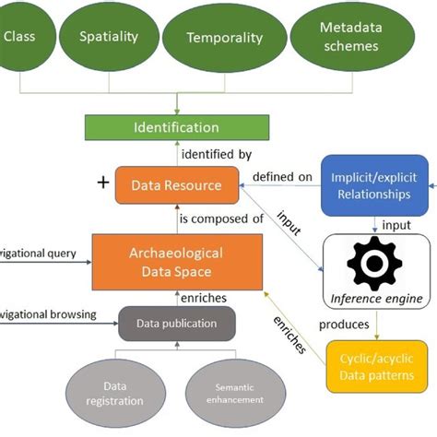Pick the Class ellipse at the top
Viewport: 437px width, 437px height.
pyautogui.click(x=20, y=37)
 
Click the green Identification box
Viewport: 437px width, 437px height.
pyautogui.click(x=176, y=127)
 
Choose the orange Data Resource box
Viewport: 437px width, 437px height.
pyautogui.click(x=175, y=185)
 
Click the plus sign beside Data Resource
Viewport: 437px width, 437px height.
pyautogui.click(x=102, y=183)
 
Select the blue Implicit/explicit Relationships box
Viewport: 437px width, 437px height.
pyautogui.click(x=374, y=186)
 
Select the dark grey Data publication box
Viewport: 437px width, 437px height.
pyautogui.click(x=177, y=325)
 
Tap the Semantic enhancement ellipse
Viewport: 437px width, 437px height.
pyautogui.click(x=232, y=394)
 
